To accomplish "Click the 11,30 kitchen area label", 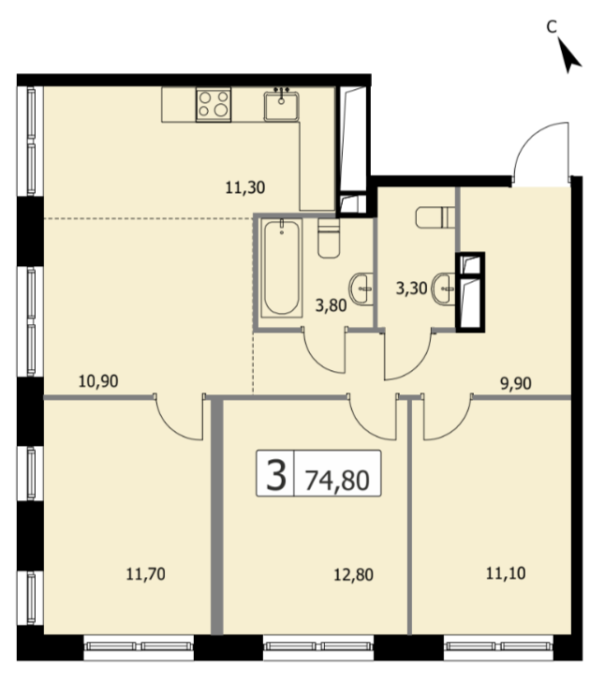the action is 244,188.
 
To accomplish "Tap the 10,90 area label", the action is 98,381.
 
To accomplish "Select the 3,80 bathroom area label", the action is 331,305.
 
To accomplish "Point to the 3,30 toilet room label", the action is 411,288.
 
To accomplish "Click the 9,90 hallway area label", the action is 516,384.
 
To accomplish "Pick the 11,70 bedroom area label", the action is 146,574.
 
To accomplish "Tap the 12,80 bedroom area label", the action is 353,574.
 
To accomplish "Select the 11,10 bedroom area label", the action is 506,573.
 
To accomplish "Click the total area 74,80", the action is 337,481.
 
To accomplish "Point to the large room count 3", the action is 276,475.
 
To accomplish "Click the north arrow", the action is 568,54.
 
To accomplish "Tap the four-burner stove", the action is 214,104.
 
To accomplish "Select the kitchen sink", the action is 281,104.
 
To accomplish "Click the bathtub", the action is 281,268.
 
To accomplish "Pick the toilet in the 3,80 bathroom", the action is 329,238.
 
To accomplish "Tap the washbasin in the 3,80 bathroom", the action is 361,289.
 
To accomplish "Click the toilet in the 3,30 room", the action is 435,217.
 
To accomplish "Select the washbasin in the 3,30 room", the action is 444,289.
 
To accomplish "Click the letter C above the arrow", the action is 552,27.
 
